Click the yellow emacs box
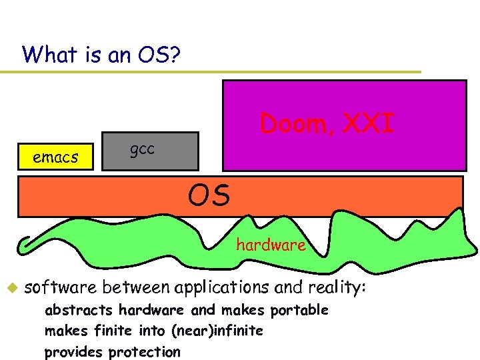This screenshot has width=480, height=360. click(x=56, y=157)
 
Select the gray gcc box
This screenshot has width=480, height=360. click(x=150, y=150)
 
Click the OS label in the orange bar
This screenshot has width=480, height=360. click(x=209, y=196)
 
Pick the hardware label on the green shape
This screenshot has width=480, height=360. click(x=271, y=245)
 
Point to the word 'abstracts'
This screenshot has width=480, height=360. click(x=79, y=310)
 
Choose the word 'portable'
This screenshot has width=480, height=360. click(x=301, y=310)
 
